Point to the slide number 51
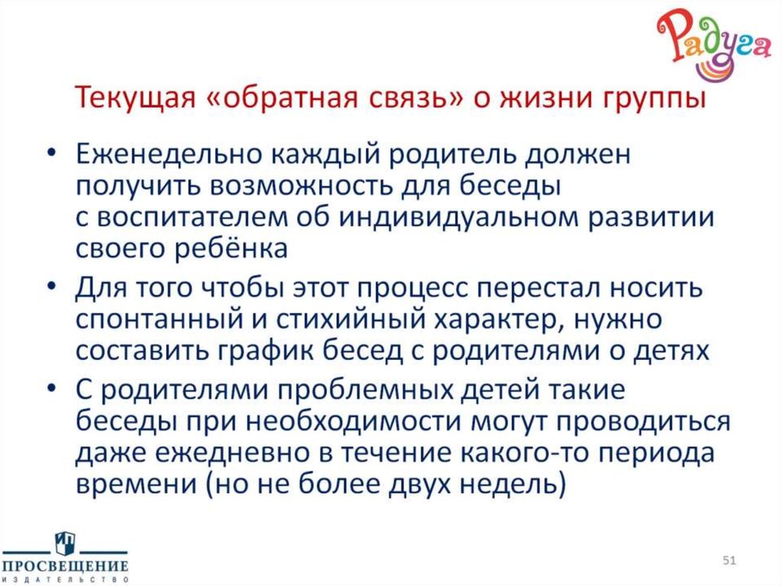[729, 562]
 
